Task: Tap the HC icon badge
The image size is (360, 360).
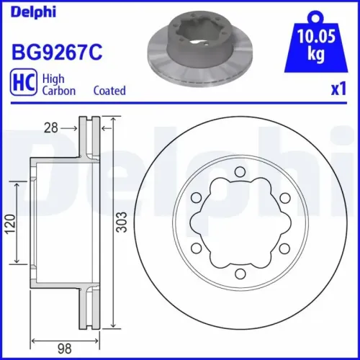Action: (x=22, y=84)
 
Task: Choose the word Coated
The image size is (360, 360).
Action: (x=109, y=91)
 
